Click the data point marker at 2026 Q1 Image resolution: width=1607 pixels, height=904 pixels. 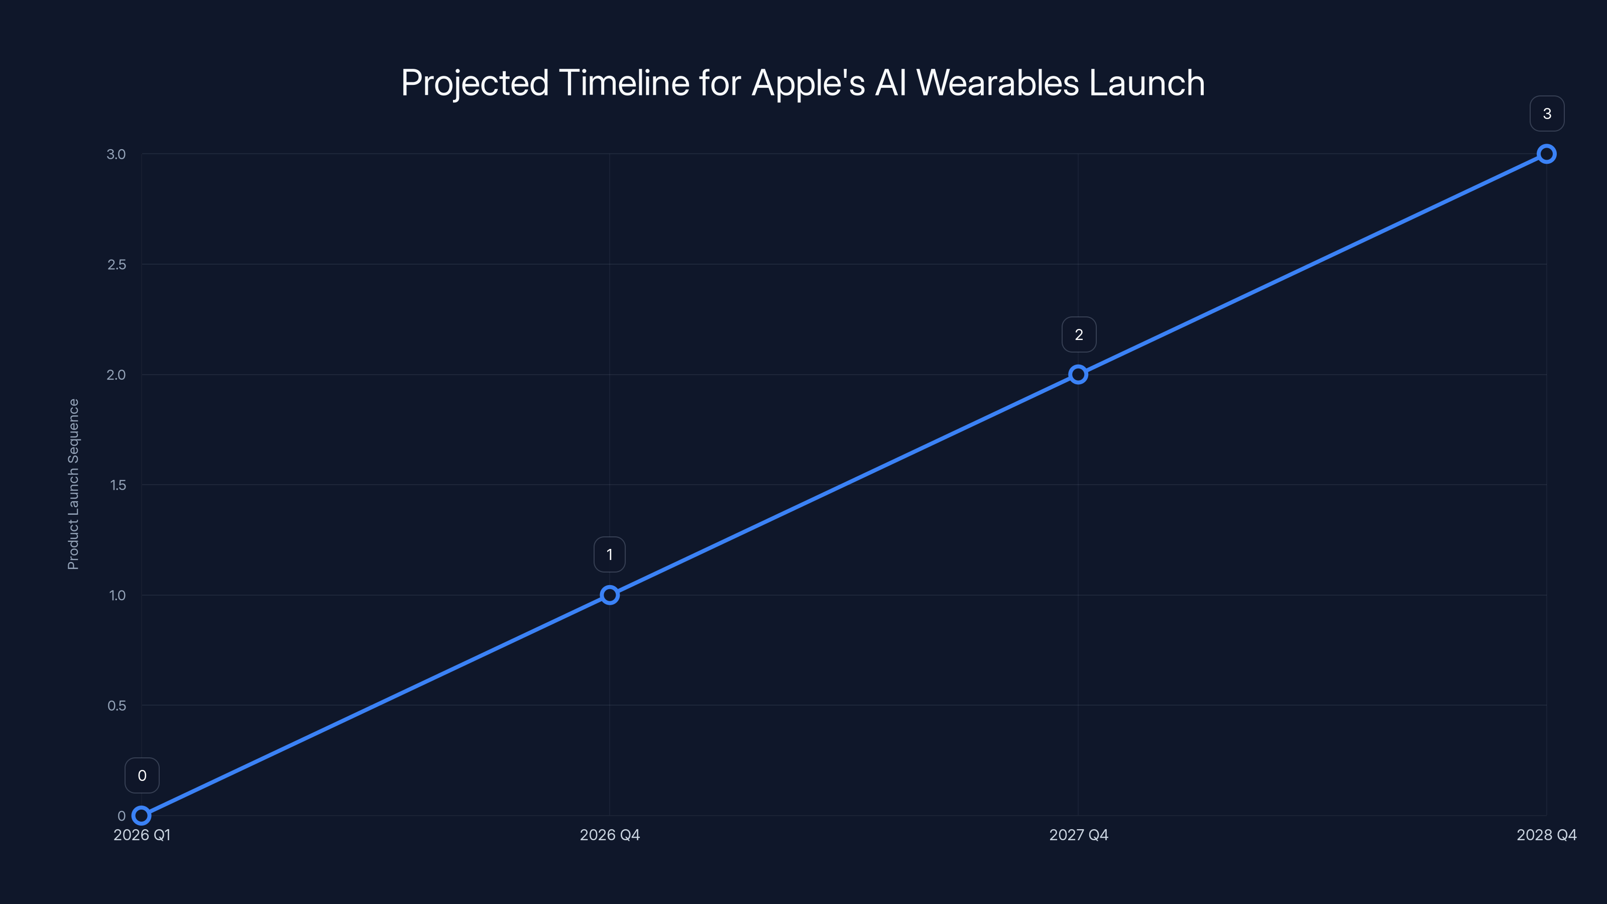tap(142, 816)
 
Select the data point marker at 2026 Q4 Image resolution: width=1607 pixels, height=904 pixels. tap(610, 595)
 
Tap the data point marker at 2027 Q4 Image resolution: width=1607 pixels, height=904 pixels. tap(1078, 374)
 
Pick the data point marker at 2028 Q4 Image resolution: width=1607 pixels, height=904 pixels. tap(1547, 154)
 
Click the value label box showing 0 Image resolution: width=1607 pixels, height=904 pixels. tap(142, 775)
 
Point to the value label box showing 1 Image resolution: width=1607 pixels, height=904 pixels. tap(610, 554)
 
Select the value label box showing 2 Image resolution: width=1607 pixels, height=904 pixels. tap(1079, 334)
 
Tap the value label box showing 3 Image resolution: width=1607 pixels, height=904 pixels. tap(1547, 114)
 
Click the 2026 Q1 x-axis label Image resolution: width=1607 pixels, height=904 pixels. tap(142, 835)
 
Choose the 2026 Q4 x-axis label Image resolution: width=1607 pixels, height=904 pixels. tap(610, 835)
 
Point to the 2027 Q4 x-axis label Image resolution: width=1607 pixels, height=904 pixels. tap(1079, 835)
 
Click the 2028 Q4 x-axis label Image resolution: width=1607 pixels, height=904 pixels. tap(1547, 835)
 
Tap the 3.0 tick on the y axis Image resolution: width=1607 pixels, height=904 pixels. tap(116, 154)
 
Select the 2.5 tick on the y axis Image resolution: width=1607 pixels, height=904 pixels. tap(117, 265)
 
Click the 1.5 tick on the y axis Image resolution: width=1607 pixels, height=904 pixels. tap(118, 485)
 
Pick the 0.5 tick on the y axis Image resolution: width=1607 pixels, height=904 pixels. tap(117, 706)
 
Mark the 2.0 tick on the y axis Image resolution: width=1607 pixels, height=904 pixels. tap(116, 375)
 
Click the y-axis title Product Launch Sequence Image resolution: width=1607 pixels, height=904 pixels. tap(74, 484)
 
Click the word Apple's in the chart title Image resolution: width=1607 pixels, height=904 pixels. tap(809, 83)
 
